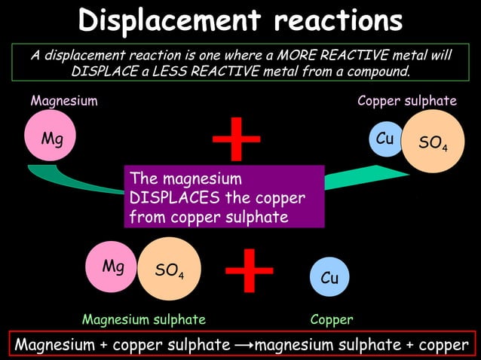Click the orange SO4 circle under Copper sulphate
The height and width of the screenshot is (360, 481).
coord(432,141)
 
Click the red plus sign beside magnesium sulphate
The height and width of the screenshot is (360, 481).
coord(250,271)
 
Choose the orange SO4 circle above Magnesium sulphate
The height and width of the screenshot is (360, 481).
coord(169,269)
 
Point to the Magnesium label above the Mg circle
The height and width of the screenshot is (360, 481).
coord(63,100)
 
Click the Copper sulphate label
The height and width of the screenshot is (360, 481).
coord(407,100)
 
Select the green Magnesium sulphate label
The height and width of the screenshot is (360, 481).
coord(143,319)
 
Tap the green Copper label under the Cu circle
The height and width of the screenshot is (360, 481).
coord(332,319)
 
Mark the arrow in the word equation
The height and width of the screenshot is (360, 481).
coord(244,345)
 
